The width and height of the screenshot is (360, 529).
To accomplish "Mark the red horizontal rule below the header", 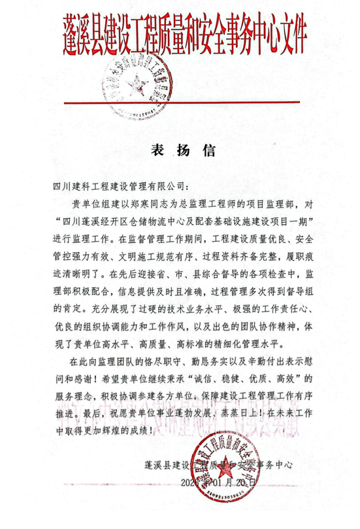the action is tap(180, 102).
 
